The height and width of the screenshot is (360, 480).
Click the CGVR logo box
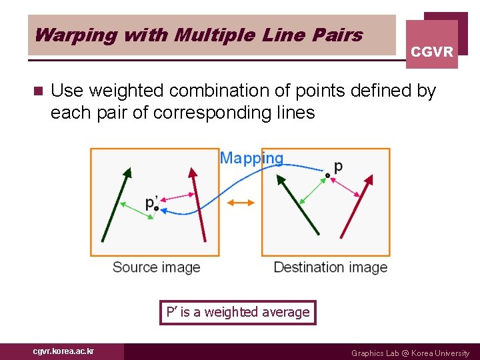[432, 45]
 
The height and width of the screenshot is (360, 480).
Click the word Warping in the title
[66, 35]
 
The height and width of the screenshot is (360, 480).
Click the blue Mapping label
[251, 158]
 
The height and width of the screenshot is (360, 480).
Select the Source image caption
[156, 267]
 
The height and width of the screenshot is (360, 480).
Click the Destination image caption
[330, 267]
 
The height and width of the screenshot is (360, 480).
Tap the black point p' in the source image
[156, 208]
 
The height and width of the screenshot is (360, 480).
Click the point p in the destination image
[327, 175]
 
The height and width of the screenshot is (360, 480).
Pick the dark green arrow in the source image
[115, 203]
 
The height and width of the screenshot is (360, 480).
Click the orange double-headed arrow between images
[241, 203]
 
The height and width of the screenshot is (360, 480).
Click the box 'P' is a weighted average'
[238, 312]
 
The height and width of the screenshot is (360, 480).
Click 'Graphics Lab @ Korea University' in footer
[410, 353]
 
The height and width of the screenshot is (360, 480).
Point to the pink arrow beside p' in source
[177, 196]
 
